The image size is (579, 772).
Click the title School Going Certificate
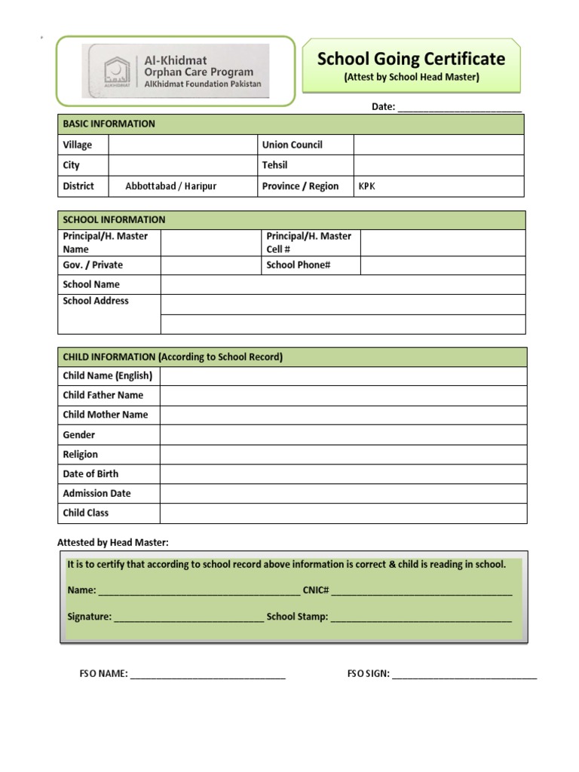(411, 59)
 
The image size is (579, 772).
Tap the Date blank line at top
(459, 107)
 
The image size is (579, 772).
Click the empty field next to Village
(182, 145)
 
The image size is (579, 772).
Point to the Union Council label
(292, 145)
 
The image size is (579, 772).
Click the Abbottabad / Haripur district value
(170, 186)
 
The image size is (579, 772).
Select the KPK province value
(366, 186)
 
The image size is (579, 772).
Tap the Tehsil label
(274, 165)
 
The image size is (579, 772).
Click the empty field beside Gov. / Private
(210, 265)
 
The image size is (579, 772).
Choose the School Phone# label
(299, 265)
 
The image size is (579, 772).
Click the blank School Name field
(342, 284)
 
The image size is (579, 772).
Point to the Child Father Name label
(103, 395)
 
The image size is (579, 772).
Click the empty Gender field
(342, 435)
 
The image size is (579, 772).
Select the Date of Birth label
(90, 474)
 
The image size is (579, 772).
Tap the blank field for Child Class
(342, 513)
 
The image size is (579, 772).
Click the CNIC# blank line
(421, 591)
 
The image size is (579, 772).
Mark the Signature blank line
(188, 617)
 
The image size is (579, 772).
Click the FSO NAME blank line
(208, 675)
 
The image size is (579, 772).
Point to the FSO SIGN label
(368, 674)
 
